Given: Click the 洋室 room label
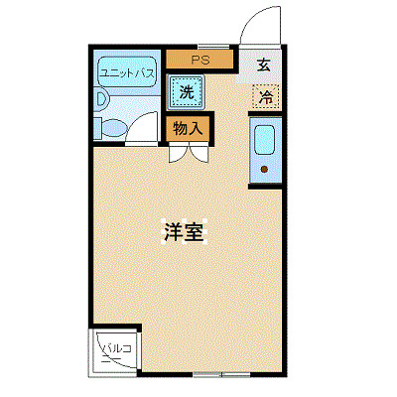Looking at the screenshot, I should [184, 231].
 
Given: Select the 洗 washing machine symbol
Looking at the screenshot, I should [186, 93].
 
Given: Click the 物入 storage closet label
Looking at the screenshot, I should [188, 128].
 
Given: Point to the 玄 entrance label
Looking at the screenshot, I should [264, 66].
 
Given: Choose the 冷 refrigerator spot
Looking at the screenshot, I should [266, 97].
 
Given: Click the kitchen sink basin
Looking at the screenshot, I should [266, 141].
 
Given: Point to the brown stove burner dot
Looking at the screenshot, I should [265, 170].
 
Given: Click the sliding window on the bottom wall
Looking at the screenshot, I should [221, 376].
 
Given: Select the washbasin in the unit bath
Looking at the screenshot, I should [102, 99].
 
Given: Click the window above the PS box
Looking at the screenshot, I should [201, 46].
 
